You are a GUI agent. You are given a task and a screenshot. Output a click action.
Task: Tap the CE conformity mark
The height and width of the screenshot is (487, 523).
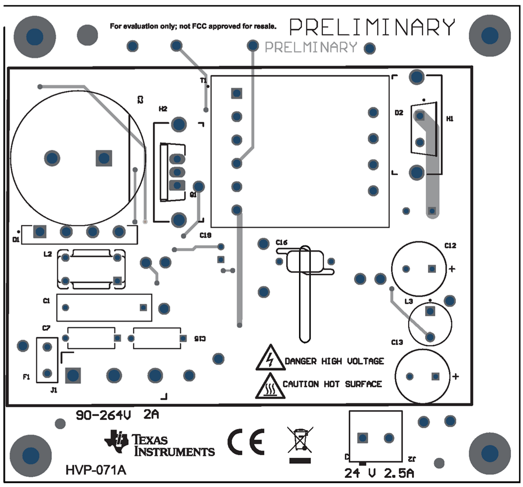pyautogui.click(x=246, y=442)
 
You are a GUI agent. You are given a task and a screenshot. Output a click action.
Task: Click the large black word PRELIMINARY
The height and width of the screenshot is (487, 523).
pyautogui.click(x=373, y=27)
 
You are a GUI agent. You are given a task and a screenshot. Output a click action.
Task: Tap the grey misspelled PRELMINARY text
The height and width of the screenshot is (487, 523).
pyautogui.click(x=311, y=47)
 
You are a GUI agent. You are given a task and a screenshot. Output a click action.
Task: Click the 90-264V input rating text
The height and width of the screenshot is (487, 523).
pyautogui.click(x=104, y=416)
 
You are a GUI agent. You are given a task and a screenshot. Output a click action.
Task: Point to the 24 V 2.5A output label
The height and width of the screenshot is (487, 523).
pyautogui.click(x=380, y=473)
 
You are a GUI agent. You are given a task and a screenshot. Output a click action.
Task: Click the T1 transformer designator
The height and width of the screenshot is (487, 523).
pyautogui.click(x=204, y=80)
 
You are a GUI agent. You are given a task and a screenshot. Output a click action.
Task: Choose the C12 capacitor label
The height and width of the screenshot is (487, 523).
pyautogui.click(x=450, y=246)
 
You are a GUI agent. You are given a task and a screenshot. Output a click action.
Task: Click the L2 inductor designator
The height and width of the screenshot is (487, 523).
pyautogui.click(x=47, y=255)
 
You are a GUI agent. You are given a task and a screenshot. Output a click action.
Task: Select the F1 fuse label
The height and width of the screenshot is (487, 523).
pyautogui.click(x=26, y=377)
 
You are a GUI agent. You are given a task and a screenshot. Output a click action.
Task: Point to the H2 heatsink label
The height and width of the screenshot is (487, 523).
pyautogui.click(x=163, y=109)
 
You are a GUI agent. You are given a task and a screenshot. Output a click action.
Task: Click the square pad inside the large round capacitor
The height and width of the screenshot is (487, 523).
pyautogui.click(x=104, y=158)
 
